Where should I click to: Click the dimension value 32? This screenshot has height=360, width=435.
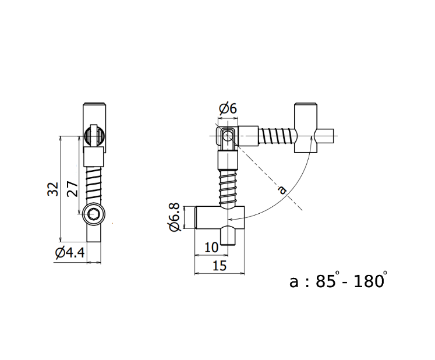click(53, 189)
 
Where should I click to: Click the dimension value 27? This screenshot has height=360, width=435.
click(72, 189)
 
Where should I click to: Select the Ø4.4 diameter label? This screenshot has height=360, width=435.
click(69, 253)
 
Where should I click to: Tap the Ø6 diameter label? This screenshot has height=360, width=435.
click(228, 108)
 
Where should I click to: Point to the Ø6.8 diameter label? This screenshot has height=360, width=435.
click(174, 217)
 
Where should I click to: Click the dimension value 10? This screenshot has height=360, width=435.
click(211, 247)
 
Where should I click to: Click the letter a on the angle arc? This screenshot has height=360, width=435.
click(281, 189)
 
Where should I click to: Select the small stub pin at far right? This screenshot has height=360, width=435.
click(327, 136)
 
